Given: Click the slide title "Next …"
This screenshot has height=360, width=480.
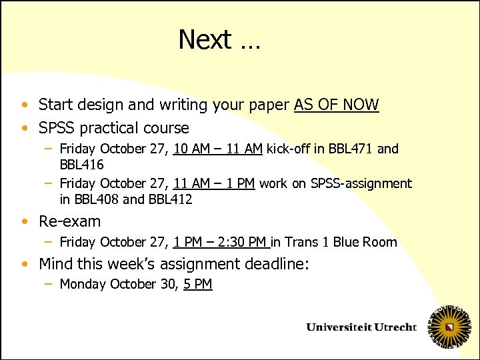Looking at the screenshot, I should (x=219, y=40).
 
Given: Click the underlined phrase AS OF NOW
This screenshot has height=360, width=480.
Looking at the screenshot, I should (x=336, y=105).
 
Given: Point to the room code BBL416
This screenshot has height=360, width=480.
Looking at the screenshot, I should (x=81, y=164).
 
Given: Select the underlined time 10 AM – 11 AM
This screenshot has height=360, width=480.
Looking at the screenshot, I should (x=217, y=149).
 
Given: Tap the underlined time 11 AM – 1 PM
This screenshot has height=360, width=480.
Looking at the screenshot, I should (x=214, y=183).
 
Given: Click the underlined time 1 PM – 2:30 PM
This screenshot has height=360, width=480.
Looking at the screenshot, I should (x=221, y=242).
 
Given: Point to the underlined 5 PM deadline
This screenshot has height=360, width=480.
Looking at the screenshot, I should (x=197, y=284).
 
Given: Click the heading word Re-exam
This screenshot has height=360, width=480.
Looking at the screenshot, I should (x=70, y=221).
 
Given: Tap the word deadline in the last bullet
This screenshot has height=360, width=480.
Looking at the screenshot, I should (x=273, y=264).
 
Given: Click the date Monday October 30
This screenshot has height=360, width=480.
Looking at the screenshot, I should (x=119, y=284).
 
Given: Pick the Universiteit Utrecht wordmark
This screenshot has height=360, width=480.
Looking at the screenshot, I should (x=361, y=327).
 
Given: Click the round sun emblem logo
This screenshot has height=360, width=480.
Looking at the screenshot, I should (x=449, y=327).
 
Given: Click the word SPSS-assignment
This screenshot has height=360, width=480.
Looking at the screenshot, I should (x=361, y=183).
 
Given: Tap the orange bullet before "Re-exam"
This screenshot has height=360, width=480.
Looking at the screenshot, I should (x=25, y=221).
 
